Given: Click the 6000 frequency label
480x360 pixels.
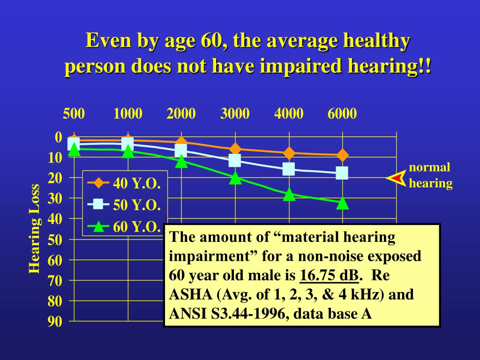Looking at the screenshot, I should [x=342, y=114].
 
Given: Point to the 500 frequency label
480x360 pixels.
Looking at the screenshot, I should [x=74, y=114].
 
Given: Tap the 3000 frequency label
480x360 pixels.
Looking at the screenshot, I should [x=235, y=114].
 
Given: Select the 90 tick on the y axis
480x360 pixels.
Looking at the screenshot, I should [x=55, y=322].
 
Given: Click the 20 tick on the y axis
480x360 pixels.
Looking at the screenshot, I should [x=55, y=178].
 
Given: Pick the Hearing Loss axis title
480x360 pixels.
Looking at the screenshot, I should [x=34, y=228].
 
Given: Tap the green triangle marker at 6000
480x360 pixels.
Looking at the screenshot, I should [x=343, y=203].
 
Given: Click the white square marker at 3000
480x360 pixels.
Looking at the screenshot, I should [x=235, y=161].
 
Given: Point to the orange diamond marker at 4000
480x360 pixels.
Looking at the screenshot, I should [x=289, y=153].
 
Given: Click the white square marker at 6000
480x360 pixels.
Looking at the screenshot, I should [x=342, y=173].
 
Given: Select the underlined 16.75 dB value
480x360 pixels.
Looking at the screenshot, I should [x=329, y=276].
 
